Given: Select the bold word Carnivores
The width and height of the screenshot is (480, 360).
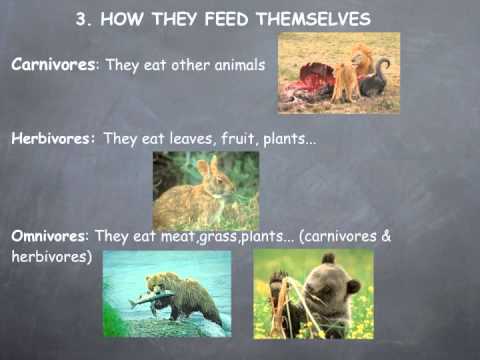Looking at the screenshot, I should click(51, 65).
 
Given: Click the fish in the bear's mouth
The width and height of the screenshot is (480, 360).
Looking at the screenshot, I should click(148, 297).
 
